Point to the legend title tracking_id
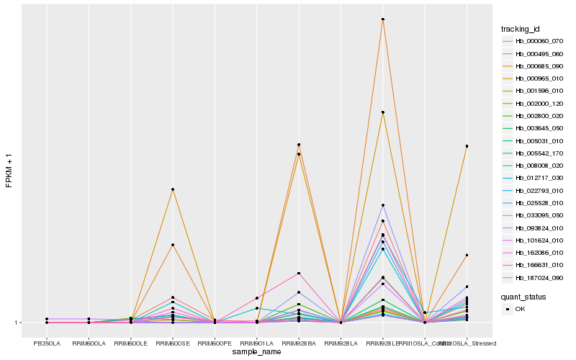521,29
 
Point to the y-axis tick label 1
17,323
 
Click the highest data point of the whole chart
383,19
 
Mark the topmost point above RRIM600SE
173,189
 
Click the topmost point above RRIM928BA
299,145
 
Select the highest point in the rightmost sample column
467,146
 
